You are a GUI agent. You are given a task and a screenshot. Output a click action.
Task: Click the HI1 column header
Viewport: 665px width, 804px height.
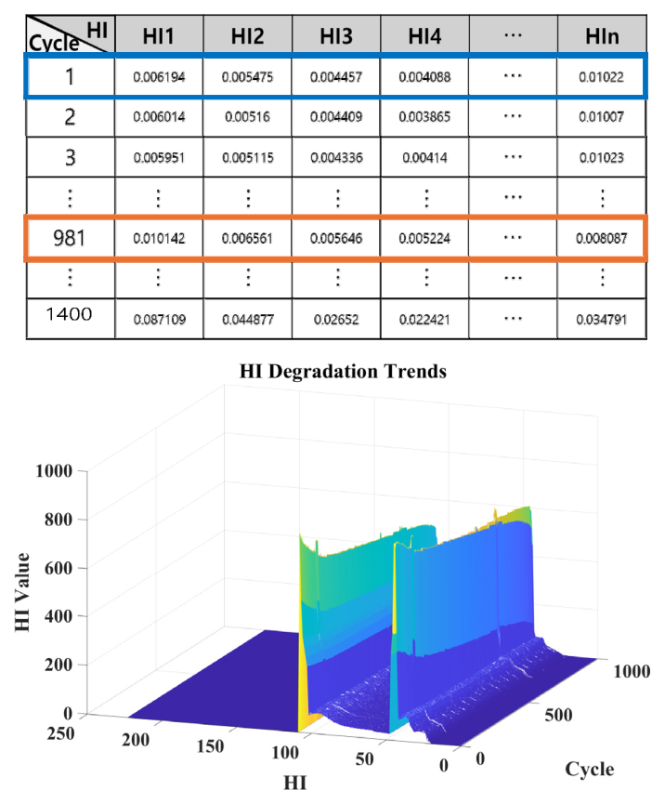(158, 38)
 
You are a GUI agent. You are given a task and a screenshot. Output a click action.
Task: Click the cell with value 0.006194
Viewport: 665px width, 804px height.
(158, 78)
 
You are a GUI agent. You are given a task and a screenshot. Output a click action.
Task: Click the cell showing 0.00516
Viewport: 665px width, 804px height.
(246, 117)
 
